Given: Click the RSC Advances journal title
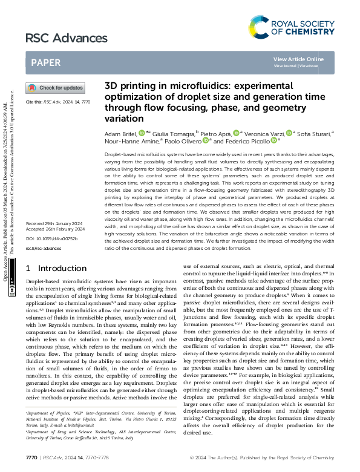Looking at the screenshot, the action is (x=58, y=39).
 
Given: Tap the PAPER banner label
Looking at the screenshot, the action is (x=46, y=62).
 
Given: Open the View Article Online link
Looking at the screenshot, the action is (x=298, y=59).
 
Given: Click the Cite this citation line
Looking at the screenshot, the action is (x=58, y=103).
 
